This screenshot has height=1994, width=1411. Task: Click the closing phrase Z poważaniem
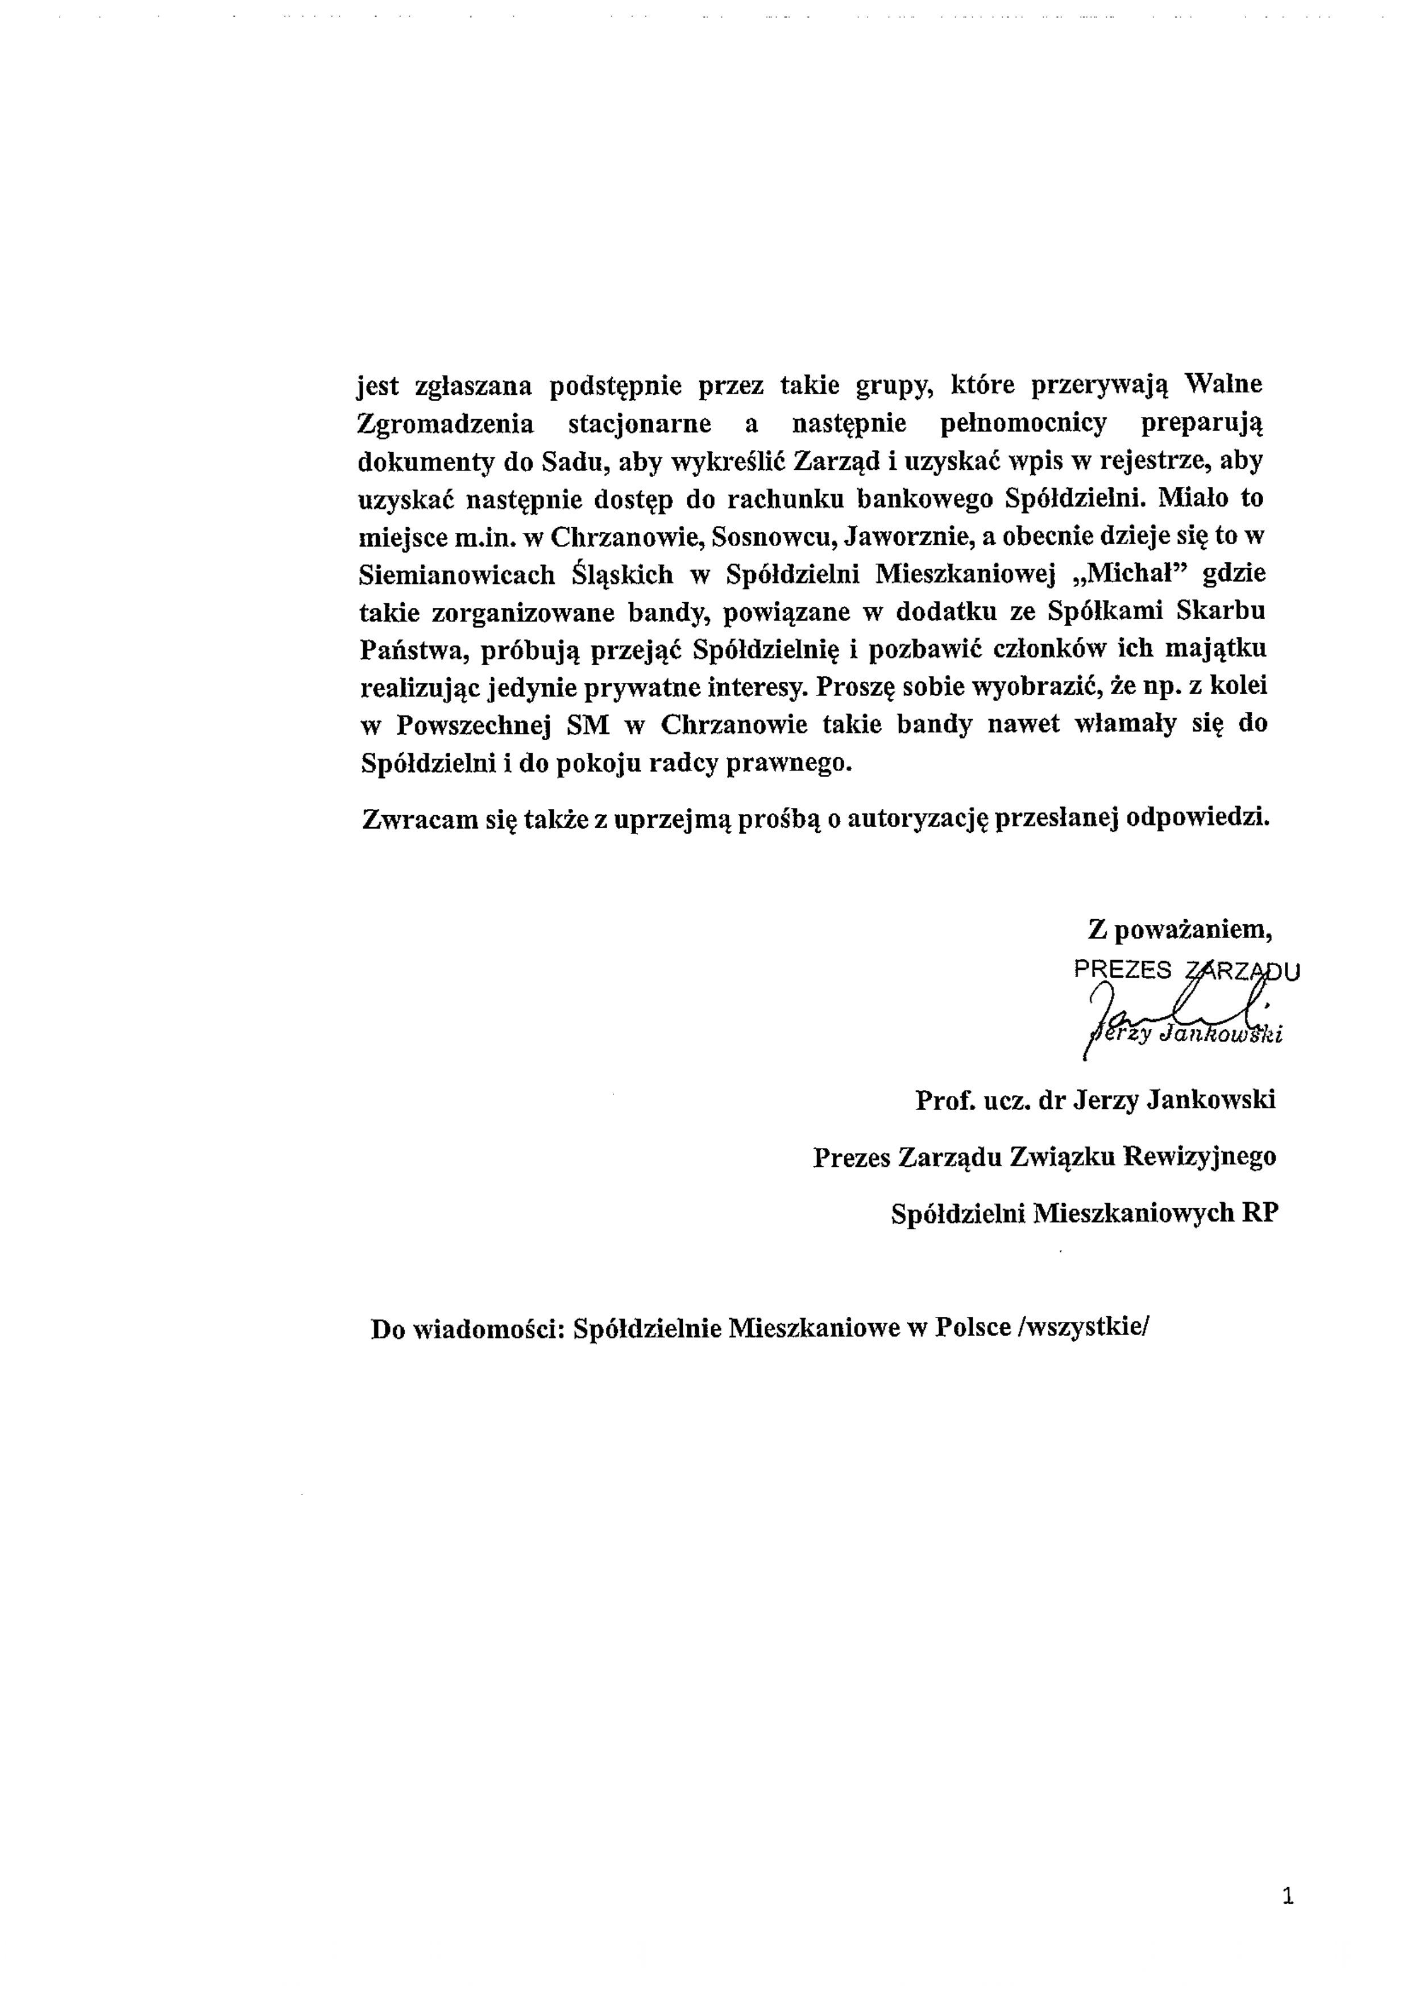pyautogui.click(x=1180, y=929)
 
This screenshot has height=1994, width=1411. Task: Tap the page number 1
pyautogui.click(x=1288, y=1897)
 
